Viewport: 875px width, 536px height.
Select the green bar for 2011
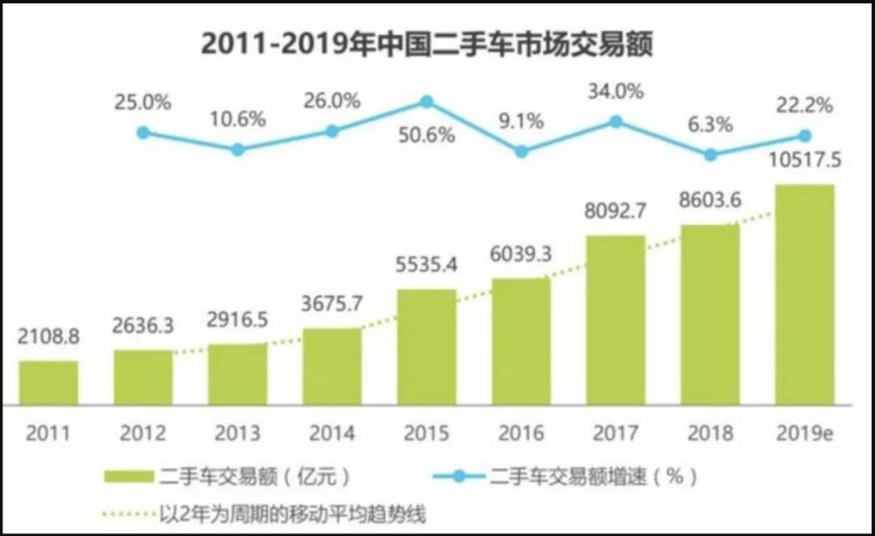coord(49,383)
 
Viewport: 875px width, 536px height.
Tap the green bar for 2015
coord(426,346)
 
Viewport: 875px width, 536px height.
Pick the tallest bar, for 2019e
coord(805,294)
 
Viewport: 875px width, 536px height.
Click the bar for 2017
coord(616,320)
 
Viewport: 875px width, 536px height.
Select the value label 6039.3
coord(521,255)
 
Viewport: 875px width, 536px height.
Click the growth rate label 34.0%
coord(617,91)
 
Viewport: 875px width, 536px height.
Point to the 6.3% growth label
coord(711,125)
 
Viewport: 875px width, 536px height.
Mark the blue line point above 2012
coord(143,132)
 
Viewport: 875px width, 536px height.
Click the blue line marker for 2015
coord(426,101)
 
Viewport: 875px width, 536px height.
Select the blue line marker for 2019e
coord(805,135)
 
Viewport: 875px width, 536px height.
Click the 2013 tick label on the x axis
coord(237,434)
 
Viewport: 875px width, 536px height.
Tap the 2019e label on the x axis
coord(805,434)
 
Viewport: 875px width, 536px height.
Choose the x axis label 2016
coord(521,434)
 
